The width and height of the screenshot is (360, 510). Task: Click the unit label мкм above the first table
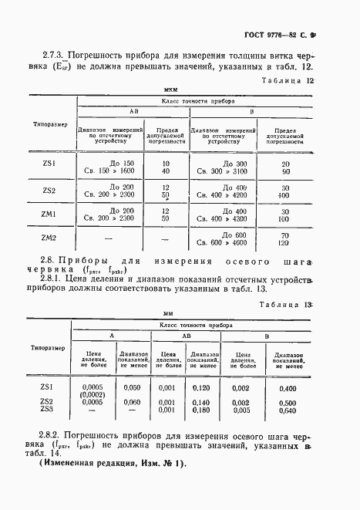tap(183, 90)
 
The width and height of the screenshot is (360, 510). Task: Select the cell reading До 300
tap(234, 163)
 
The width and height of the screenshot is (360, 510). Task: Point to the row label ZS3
tap(47, 410)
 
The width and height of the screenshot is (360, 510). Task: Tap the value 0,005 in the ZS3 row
tap(241, 410)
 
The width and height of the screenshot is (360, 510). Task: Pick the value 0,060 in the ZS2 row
tap(133, 402)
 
